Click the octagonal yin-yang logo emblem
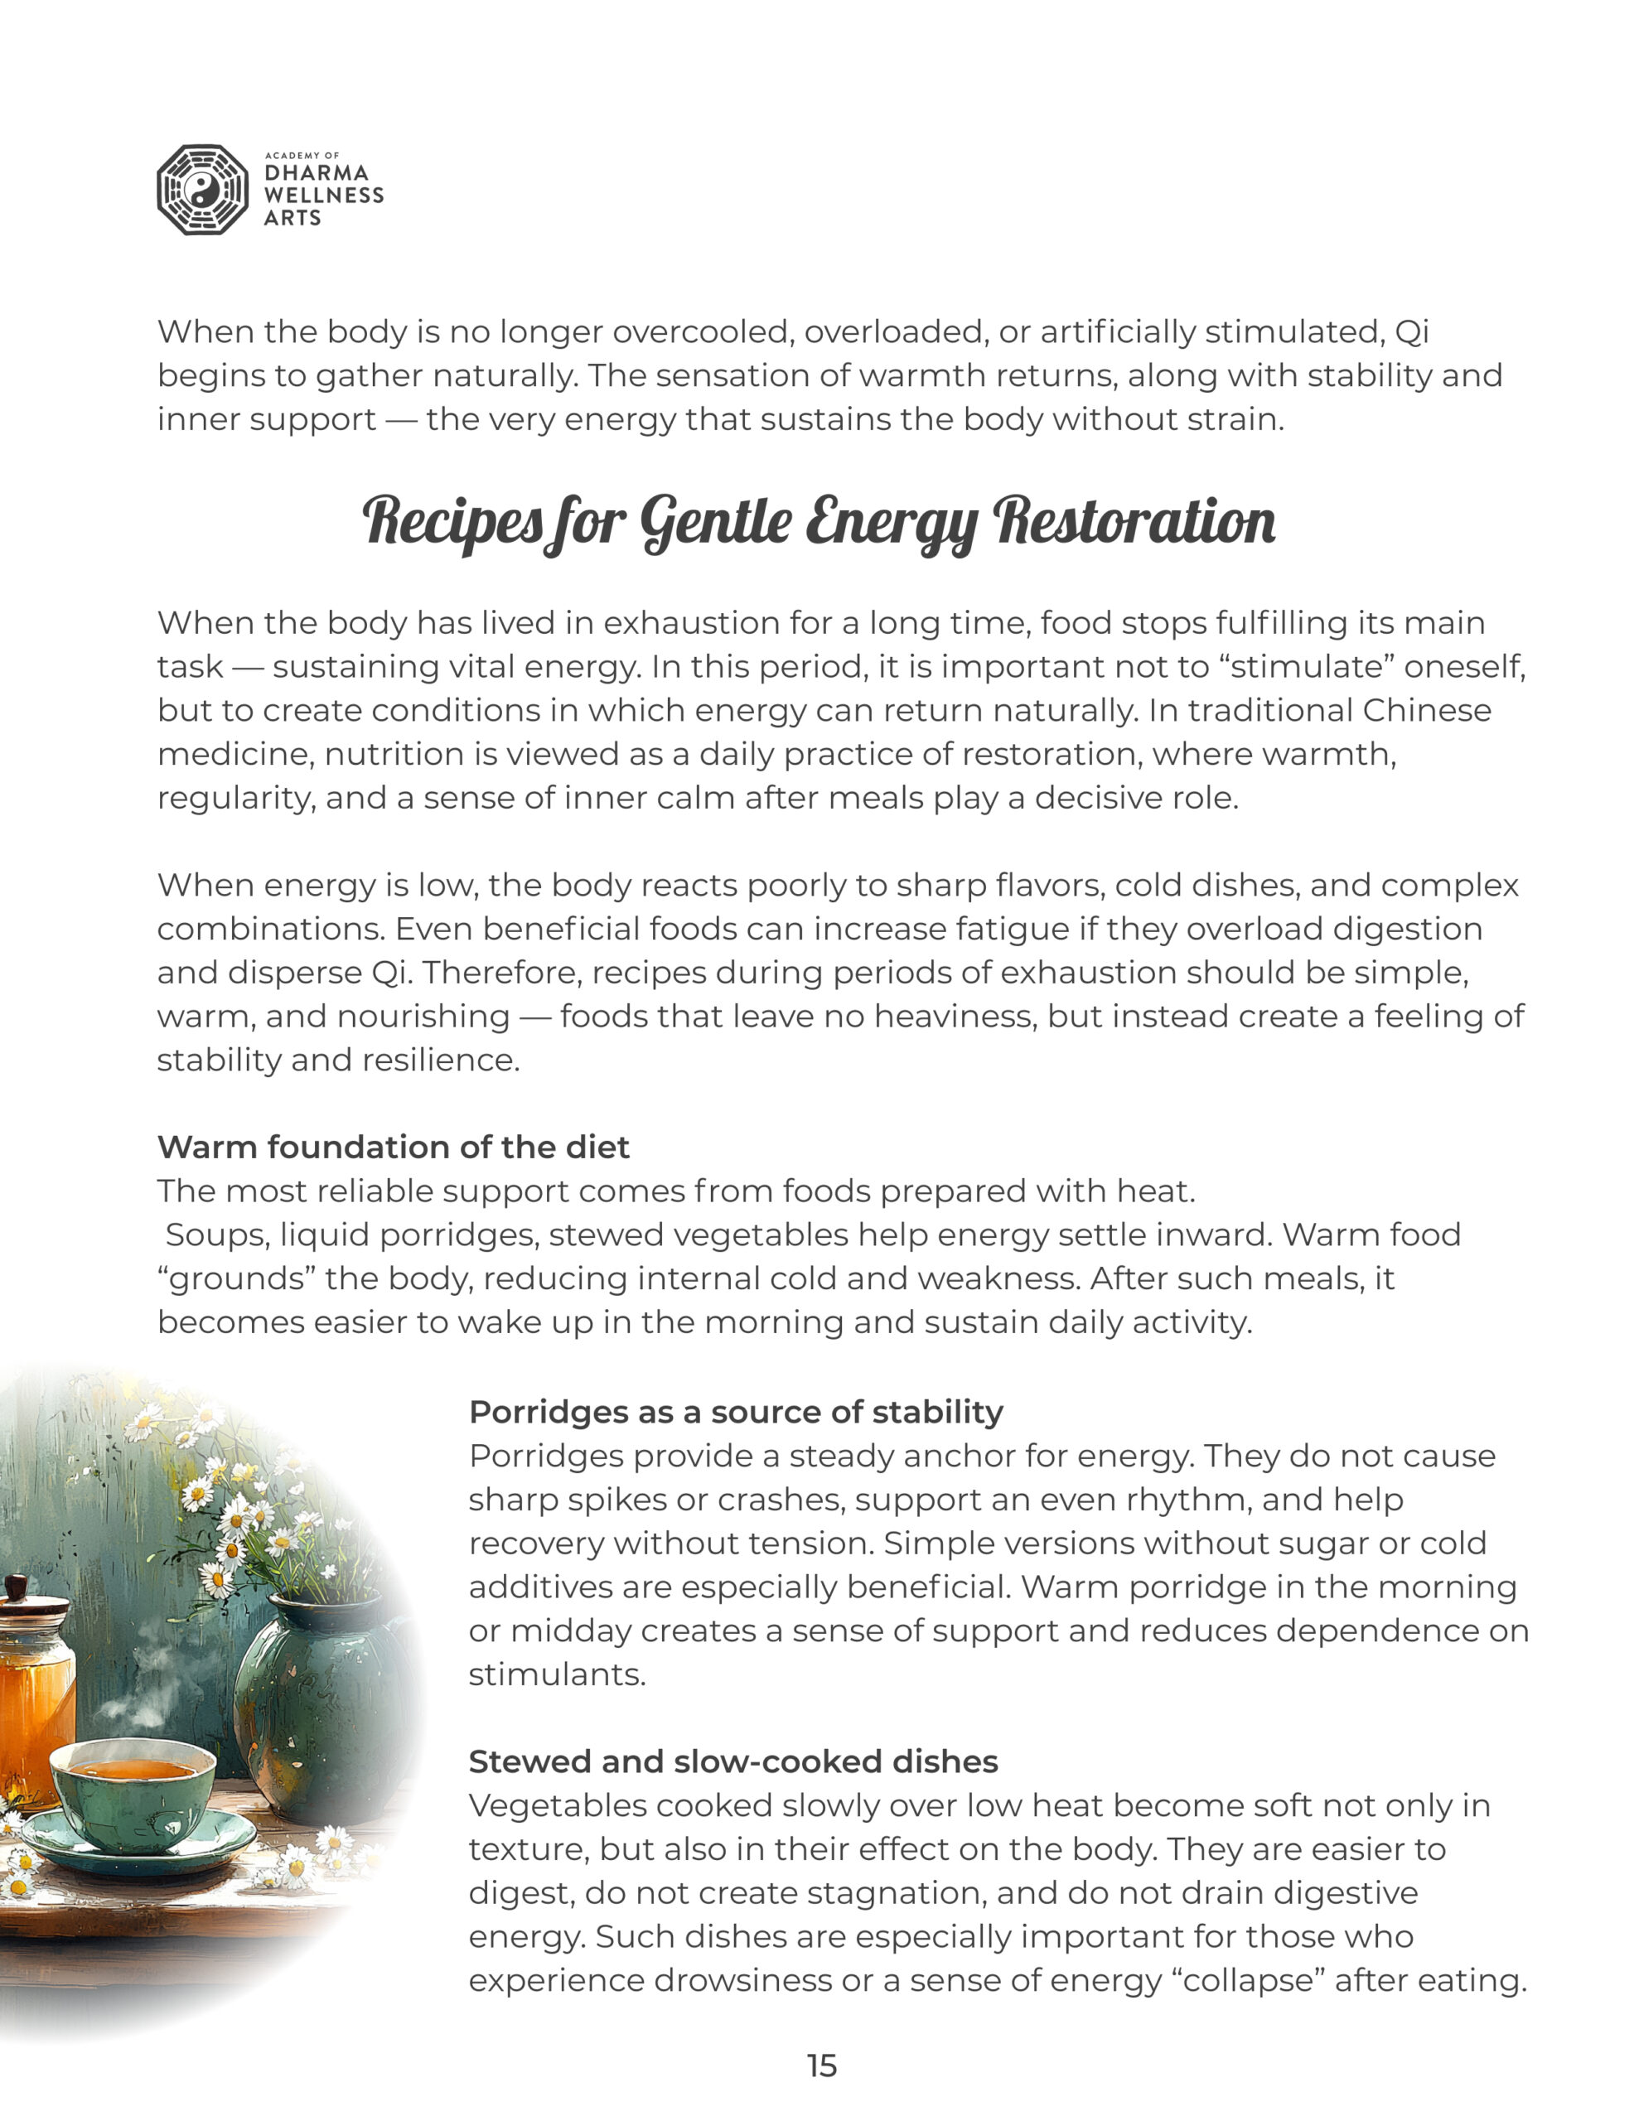[x=202, y=191]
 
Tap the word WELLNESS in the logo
[x=323, y=196]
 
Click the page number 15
[x=821, y=2065]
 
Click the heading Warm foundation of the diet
[x=393, y=1147]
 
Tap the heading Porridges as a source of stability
[x=736, y=1412]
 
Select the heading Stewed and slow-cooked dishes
[x=732, y=1761]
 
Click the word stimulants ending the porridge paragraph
[x=556, y=1674]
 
